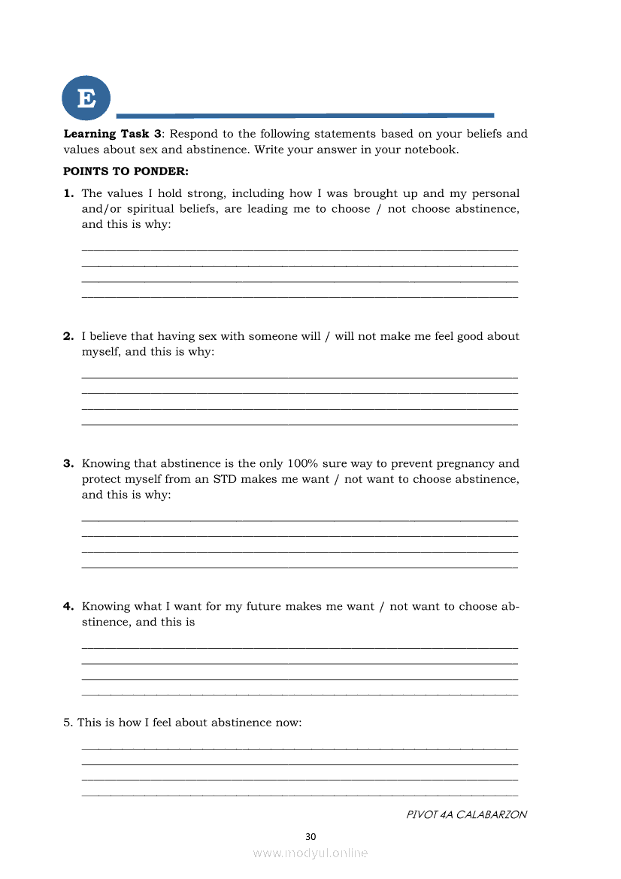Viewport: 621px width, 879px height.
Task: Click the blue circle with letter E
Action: (x=86, y=98)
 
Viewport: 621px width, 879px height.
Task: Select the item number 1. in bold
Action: (x=68, y=194)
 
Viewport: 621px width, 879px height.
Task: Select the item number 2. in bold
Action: (x=68, y=336)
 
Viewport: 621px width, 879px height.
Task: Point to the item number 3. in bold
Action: (x=68, y=464)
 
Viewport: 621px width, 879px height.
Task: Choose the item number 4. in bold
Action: (x=68, y=606)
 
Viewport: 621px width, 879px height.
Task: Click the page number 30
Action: (x=310, y=836)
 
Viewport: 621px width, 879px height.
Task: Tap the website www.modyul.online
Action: (x=310, y=853)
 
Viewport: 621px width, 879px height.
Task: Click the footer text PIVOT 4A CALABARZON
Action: (x=466, y=815)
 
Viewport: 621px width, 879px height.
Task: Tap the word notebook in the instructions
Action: (x=431, y=150)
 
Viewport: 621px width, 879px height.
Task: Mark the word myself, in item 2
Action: (x=101, y=352)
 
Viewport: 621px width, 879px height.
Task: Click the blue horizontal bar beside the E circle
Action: (x=304, y=116)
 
